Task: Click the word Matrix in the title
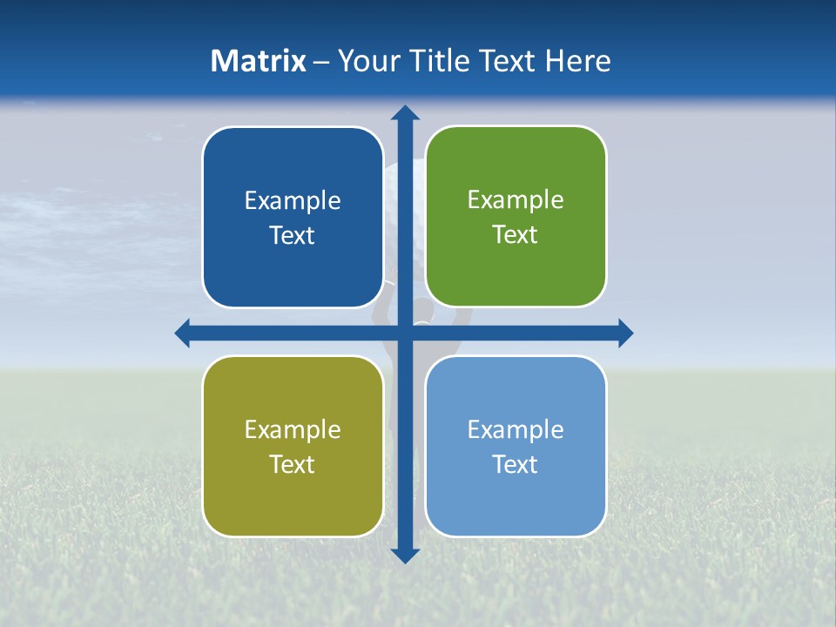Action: point(259,61)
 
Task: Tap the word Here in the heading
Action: point(578,61)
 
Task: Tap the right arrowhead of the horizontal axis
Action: point(624,333)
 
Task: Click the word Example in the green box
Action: point(516,200)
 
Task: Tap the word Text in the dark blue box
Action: point(293,236)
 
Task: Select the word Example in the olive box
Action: point(293,429)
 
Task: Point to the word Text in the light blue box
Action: point(516,464)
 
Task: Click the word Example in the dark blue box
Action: point(293,201)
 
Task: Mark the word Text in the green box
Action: point(516,235)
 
